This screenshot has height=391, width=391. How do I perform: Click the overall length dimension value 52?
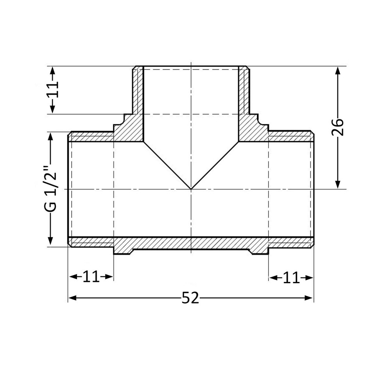(x=190, y=298)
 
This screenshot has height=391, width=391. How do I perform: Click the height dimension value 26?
(x=338, y=127)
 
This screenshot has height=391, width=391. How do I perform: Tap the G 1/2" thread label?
(x=50, y=190)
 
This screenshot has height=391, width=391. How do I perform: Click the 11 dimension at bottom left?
(x=91, y=277)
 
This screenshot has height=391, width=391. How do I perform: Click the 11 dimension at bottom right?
(x=291, y=278)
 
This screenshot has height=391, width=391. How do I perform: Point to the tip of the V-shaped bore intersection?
(x=191, y=189)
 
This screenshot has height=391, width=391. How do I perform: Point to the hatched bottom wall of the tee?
(x=191, y=243)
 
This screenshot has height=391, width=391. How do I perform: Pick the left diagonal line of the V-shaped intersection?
(x=167, y=165)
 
